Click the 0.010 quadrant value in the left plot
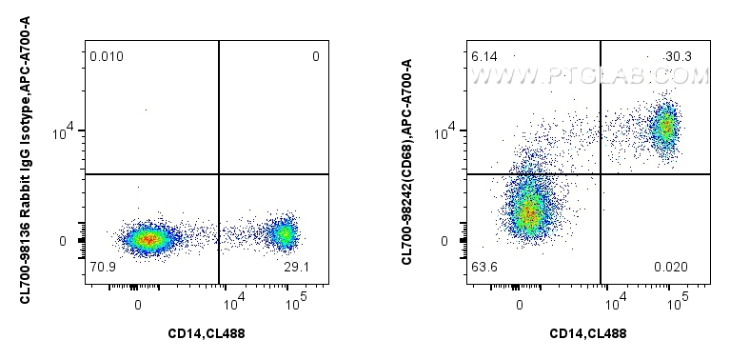point(107,57)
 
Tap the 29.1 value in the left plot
point(296,267)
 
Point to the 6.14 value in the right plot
point(484,57)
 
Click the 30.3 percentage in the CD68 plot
point(680,57)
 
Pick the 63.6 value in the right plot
point(484,267)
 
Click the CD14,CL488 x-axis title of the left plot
point(206,333)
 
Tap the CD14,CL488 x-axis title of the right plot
point(588,333)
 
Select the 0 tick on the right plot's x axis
point(520,305)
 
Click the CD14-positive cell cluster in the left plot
point(283,233)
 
